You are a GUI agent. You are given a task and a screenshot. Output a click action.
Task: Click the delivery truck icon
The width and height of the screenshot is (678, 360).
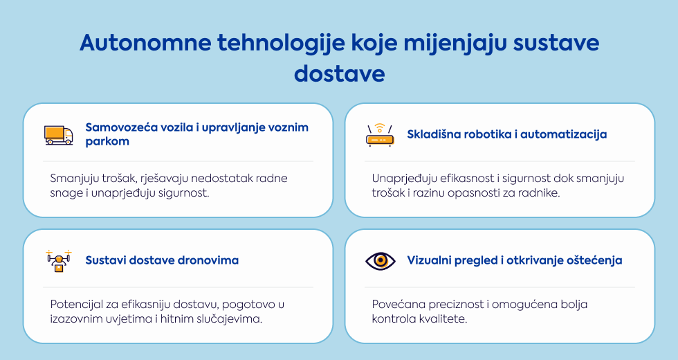point(58,135)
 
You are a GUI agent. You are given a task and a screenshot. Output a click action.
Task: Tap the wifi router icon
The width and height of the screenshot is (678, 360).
point(380,135)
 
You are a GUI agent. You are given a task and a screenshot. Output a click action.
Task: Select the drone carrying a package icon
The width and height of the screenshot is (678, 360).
point(59,261)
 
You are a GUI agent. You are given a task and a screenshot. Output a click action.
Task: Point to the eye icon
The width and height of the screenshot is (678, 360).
point(380,260)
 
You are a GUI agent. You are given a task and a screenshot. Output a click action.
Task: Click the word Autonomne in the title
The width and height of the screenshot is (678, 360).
point(146,42)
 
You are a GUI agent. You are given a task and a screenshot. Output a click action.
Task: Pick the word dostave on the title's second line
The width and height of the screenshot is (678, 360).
point(340,73)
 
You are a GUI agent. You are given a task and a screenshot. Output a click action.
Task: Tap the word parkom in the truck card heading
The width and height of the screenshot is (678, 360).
point(107,141)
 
